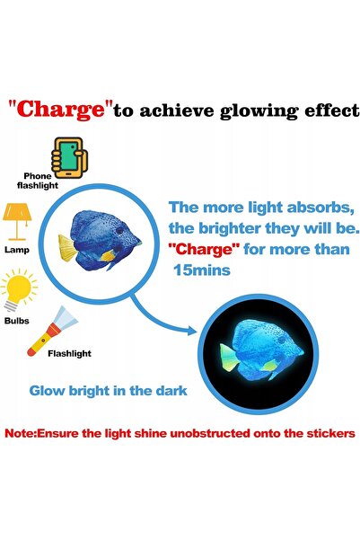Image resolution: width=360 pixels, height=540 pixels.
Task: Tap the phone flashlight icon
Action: (69, 157)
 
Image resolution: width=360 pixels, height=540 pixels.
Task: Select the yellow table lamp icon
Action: (17, 221)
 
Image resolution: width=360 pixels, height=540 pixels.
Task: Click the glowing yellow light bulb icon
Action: (19, 289)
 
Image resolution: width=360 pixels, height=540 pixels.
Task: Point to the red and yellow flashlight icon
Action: (52, 332)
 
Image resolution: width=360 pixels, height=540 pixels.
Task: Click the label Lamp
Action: (17, 250)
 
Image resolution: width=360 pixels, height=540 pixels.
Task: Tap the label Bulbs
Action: (17, 321)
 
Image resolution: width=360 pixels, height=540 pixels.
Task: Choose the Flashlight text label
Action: (69, 353)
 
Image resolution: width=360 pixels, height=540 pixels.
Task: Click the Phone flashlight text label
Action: (38, 181)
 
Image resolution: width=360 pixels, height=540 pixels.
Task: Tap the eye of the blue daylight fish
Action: (119, 230)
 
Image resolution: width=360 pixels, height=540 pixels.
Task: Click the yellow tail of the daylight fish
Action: (67, 248)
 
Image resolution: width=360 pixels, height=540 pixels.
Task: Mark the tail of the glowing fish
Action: (229, 357)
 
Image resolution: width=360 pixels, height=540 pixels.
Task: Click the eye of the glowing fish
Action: (282, 341)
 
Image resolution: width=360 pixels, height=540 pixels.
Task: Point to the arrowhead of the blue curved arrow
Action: (192, 332)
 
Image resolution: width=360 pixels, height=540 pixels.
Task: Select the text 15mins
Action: (202, 270)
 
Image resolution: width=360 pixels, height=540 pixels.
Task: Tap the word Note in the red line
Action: (20, 433)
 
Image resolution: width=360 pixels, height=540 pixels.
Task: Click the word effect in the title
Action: (332, 111)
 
